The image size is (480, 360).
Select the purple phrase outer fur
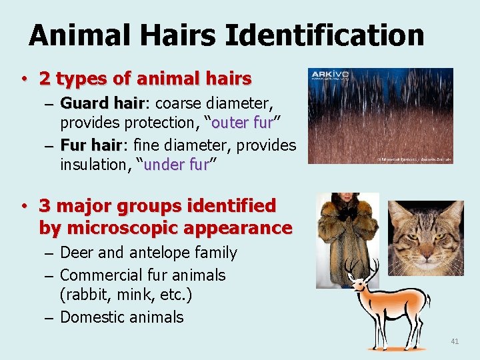[x=242, y=123]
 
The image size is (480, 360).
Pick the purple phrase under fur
[x=177, y=165]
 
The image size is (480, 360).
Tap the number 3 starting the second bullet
[x=45, y=205]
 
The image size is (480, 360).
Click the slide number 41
[x=455, y=341]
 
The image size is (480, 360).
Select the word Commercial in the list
[x=101, y=275]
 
